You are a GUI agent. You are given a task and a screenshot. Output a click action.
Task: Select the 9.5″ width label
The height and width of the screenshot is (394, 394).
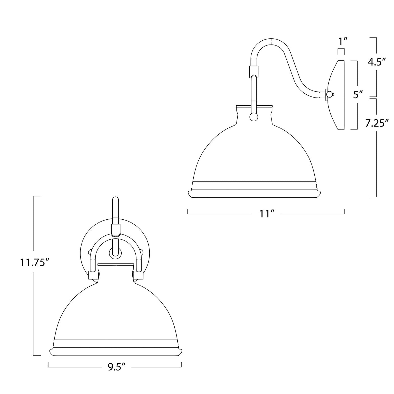116,367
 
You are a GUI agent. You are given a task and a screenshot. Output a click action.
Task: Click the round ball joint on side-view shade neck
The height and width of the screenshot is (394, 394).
254,117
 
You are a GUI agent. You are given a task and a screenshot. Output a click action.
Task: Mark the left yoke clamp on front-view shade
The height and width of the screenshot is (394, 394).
93,275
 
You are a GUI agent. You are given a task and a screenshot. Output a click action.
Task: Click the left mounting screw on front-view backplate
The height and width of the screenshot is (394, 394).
90,252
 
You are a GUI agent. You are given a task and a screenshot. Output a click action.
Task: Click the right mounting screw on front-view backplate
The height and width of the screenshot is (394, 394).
141,252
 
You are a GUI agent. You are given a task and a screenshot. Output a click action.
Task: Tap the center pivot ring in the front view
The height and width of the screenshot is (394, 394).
115,253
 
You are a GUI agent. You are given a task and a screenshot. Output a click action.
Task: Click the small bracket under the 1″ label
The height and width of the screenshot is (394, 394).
341,52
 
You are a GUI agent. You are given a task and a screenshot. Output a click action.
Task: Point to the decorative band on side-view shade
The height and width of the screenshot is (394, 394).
254,186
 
